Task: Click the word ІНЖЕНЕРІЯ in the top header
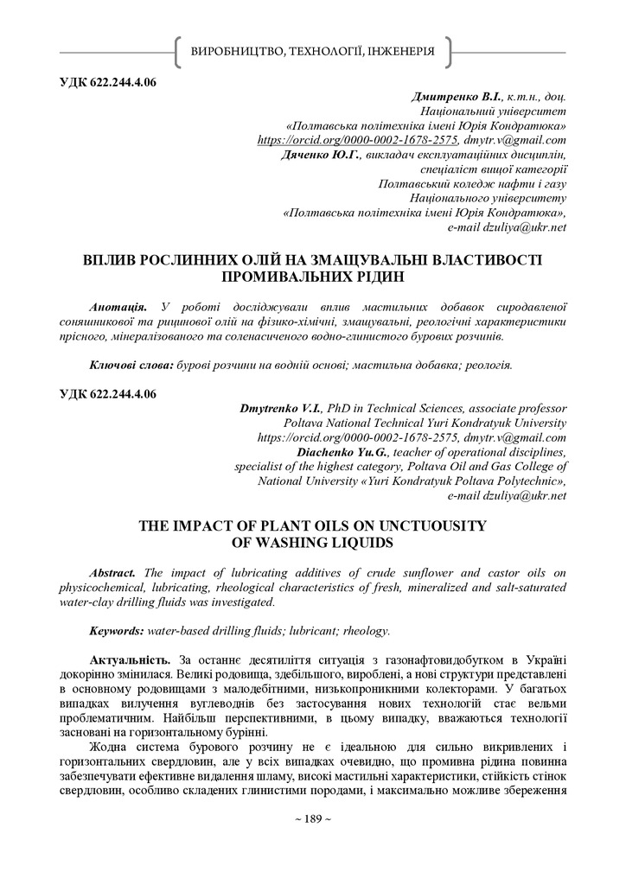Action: (x=400, y=53)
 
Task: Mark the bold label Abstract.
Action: (x=113, y=573)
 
